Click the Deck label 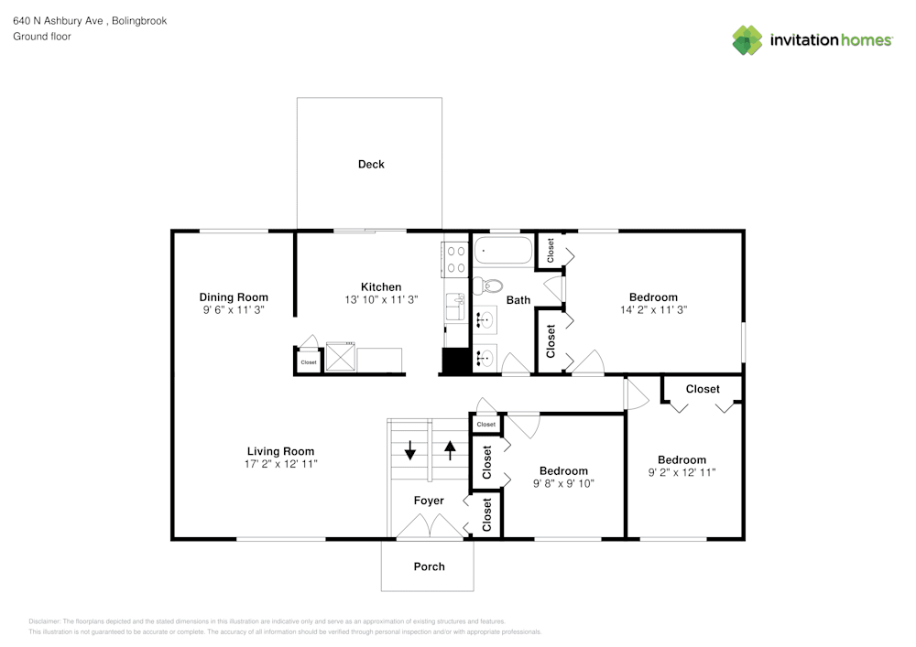tap(371, 165)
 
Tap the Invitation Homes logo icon tap(747, 40)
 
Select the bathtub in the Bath tap(503, 251)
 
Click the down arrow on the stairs tap(409, 450)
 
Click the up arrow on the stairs tap(450, 450)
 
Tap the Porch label tap(429, 566)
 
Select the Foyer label tap(429, 501)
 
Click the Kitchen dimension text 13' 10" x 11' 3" tap(381, 300)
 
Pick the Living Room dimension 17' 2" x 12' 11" tap(280, 465)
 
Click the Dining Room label tap(234, 297)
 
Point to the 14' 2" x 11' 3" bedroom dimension tap(653, 310)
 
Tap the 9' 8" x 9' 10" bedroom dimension tap(563, 484)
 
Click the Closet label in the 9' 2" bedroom tap(703, 389)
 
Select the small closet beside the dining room tap(308, 362)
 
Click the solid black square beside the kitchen tap(454, 361)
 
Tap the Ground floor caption tap(42, 37)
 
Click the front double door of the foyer tap(429, 527)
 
